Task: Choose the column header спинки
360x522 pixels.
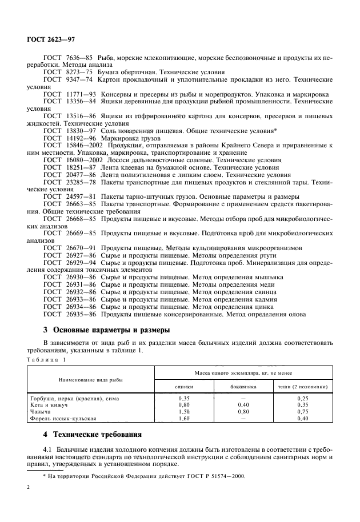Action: tap(184, 387)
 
